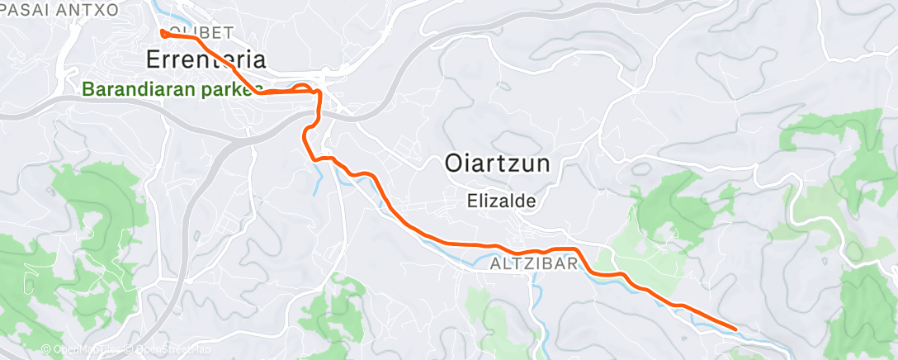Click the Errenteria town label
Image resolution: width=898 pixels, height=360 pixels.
click(x=206, y=59)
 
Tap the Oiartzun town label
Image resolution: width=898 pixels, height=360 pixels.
click(x=497, y=163)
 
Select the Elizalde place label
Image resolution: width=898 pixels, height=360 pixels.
click(x=502, y=200)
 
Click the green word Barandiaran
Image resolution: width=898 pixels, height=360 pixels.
click(x=139, y=89)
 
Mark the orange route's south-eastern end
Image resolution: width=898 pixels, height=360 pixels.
click(x=735, y=329)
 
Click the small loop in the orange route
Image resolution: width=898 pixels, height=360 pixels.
click(x=304, y=88)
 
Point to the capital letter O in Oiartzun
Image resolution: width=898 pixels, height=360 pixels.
click(x=453, y=163)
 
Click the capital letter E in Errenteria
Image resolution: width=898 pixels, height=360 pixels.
click(x=153, y=59)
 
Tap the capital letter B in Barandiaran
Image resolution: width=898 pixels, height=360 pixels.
click(x=88, y=89)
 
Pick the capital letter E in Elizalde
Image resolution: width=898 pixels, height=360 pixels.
click(x=470, y=200)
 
